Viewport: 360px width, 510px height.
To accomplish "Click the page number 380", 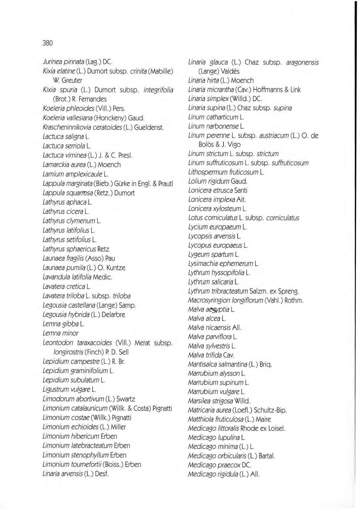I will click(x=47, y=43).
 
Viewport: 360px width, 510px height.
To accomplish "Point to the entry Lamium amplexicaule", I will click(x=75, y=174).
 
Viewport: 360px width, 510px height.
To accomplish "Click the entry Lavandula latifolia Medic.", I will click(x=78, y=277).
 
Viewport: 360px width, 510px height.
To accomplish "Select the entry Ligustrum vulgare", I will click(x=69, y=389).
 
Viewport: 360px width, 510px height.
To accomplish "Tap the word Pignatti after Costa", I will click(x=162, y=408).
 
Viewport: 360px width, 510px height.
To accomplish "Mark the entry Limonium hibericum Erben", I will click(x=80, y=436).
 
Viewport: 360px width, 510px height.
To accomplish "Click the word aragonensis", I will click(x=302, y=62).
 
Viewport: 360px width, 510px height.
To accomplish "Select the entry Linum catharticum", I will click(x=216, y=117).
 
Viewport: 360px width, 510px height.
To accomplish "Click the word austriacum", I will click(x=274, y=135).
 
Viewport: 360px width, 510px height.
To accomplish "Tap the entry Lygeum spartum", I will click(x=213, y=254).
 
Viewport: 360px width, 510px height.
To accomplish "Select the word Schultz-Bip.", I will click(x=270, y=410).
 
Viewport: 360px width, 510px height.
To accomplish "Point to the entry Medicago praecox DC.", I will click(x=219, y=465).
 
